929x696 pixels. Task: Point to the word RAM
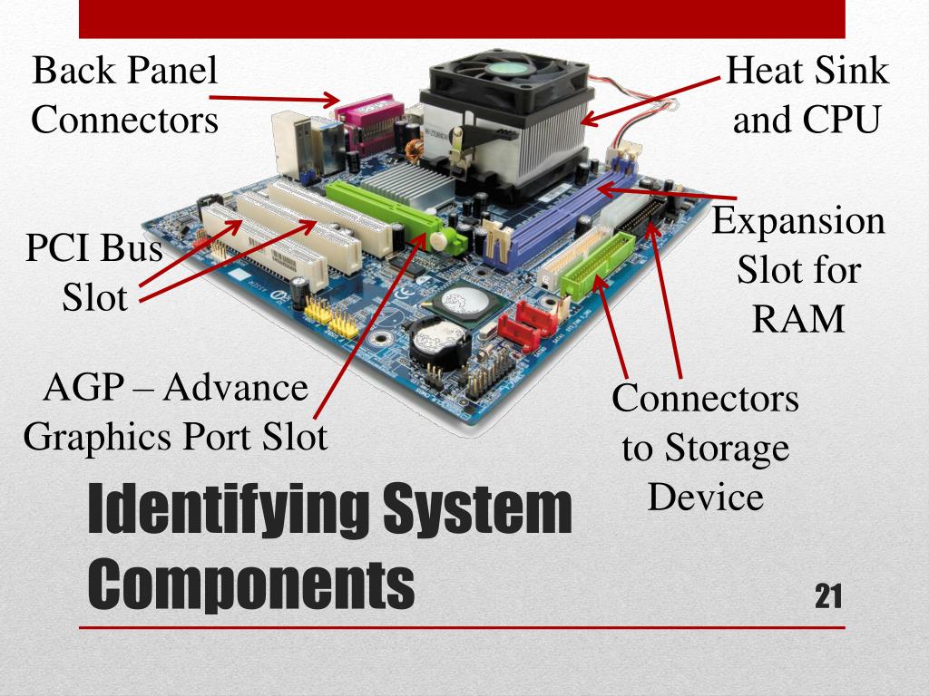[x=798, y=319]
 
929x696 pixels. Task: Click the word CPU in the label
[x=843, y=119]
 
